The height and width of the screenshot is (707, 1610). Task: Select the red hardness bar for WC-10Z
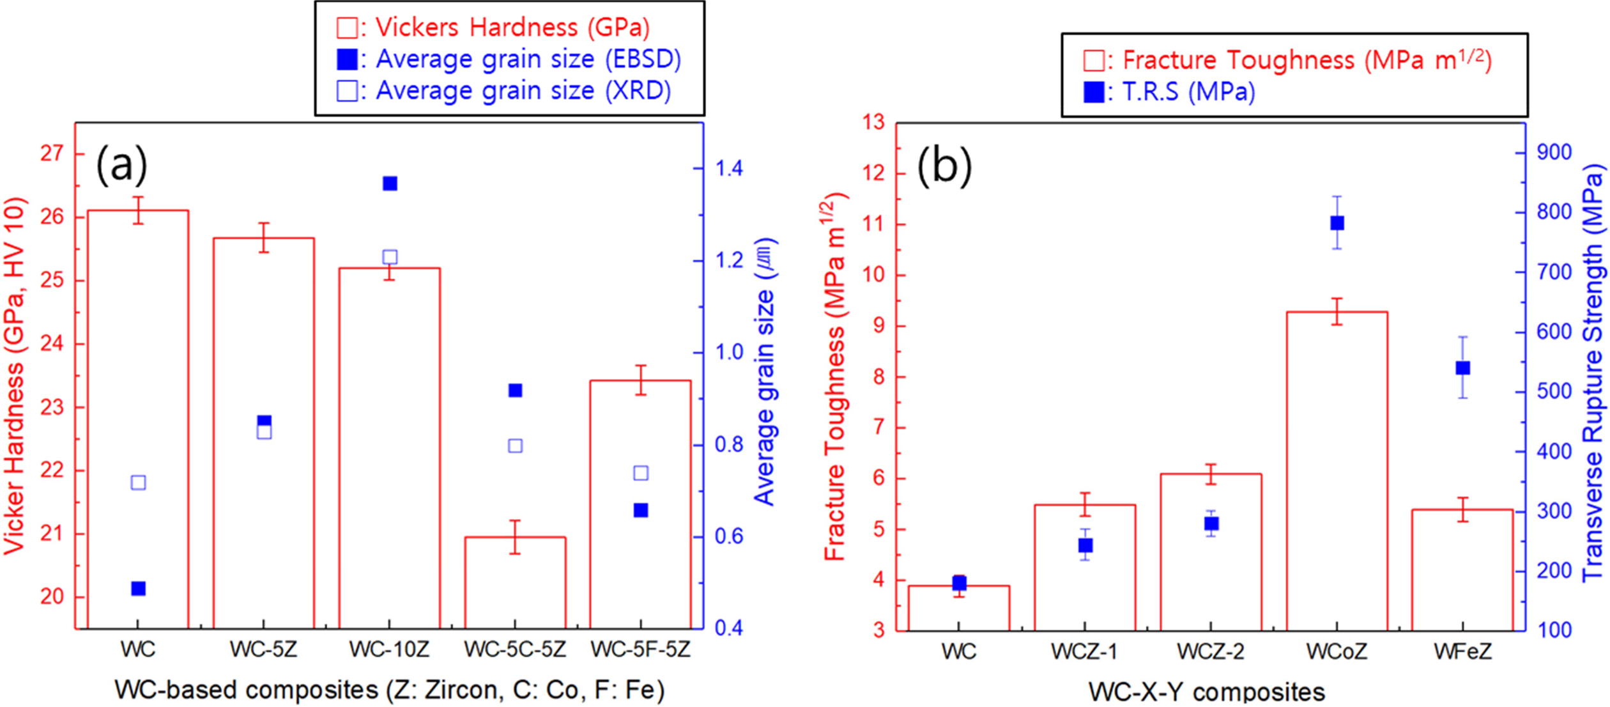click(x=389, y=447)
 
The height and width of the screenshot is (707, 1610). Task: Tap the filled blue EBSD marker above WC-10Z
click(x=390, y=184)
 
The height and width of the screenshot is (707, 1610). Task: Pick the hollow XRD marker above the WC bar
click(x=138, y=483)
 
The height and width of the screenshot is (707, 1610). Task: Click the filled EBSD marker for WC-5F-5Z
click(x=641, y=510)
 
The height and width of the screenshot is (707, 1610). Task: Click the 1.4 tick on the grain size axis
click(x=729, y=169)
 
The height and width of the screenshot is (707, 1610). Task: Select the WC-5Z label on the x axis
click(x=263, y=650)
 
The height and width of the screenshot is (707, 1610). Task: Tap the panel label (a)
click(x=121, y=164)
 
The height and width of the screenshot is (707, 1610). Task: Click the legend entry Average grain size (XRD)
click(x=505, y=91)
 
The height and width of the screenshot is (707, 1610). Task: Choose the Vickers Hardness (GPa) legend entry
click(x=493, y=27)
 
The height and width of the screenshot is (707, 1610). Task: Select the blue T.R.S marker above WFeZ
click(x=1462, y=368)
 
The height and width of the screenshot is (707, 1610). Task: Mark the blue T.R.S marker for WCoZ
click(x=1337, y=223)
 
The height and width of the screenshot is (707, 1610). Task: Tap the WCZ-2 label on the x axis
click(x=1210, y=651)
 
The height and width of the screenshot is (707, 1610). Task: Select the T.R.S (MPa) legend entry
click(x=1169, y=93)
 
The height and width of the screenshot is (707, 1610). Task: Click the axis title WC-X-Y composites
click(x=1207, y=692)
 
